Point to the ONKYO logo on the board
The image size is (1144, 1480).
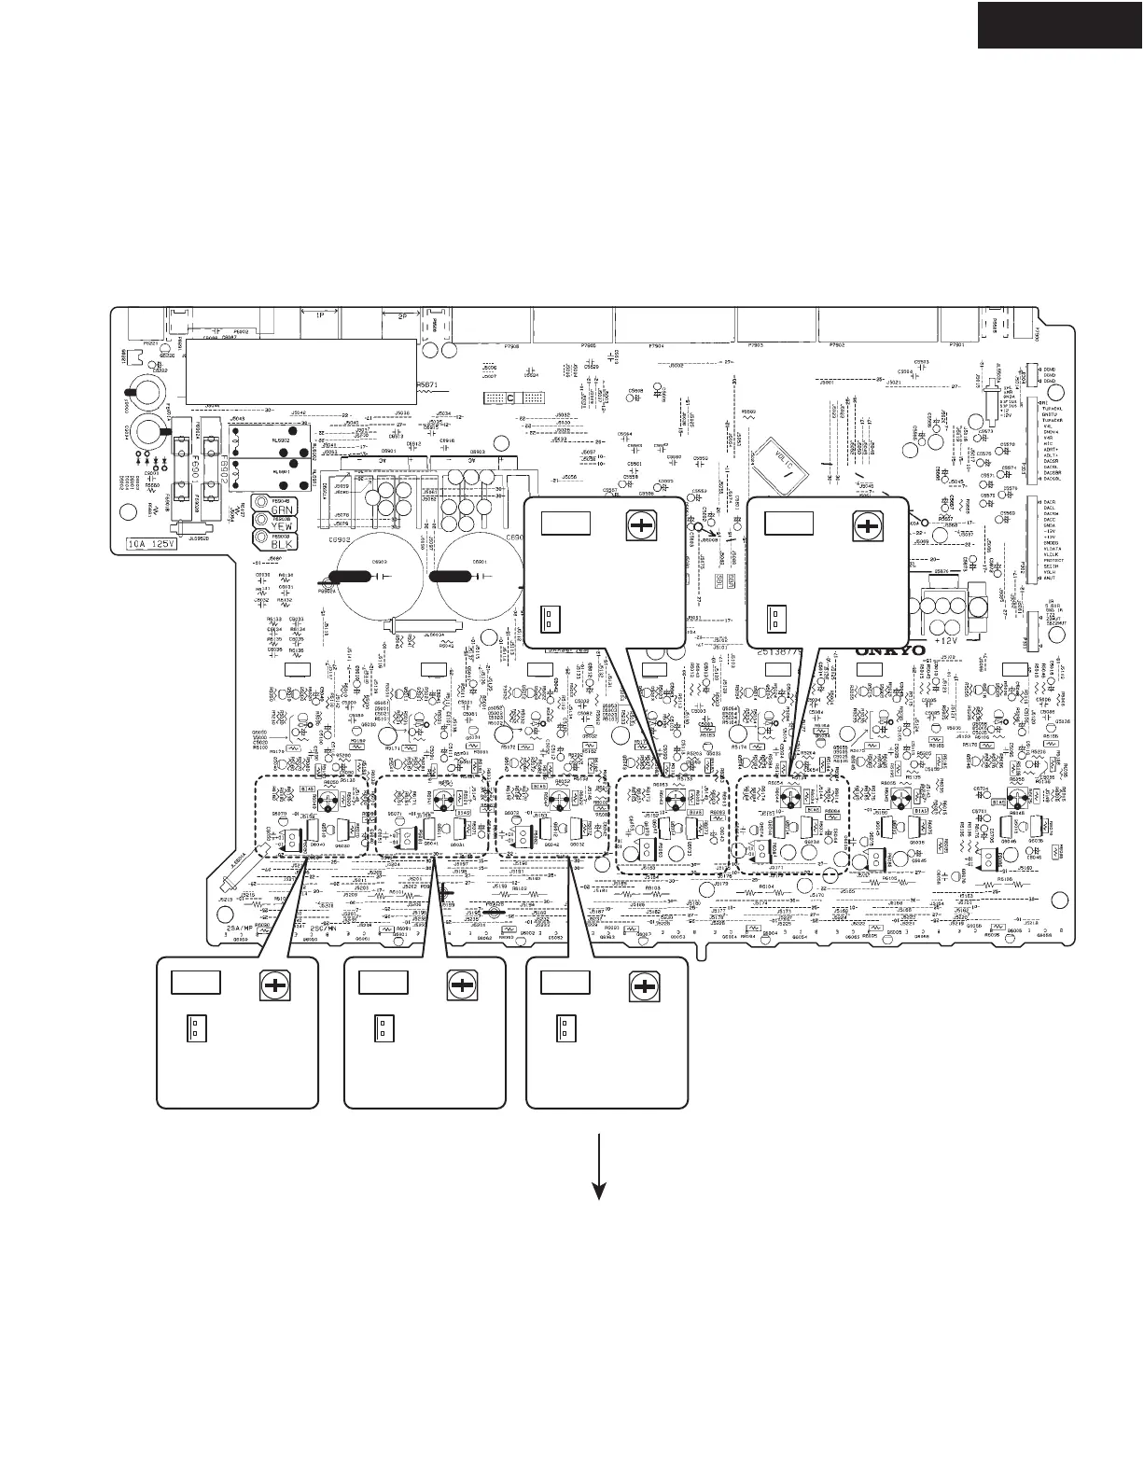890,650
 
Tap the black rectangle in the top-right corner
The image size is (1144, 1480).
1060,23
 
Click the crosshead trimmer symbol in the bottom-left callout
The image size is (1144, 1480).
274,985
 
